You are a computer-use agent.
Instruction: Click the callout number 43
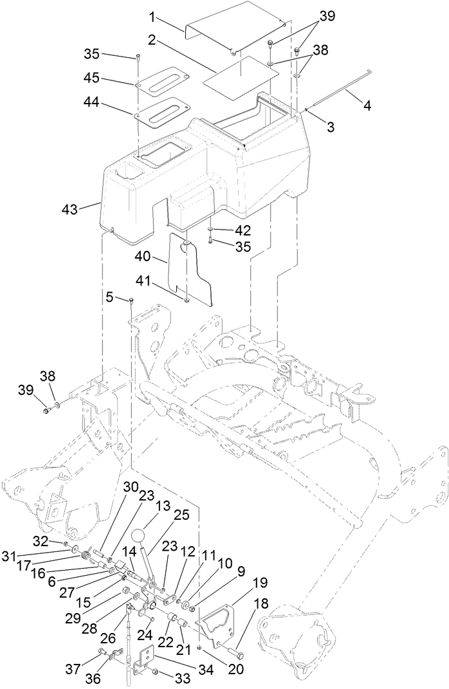point(69,209)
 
